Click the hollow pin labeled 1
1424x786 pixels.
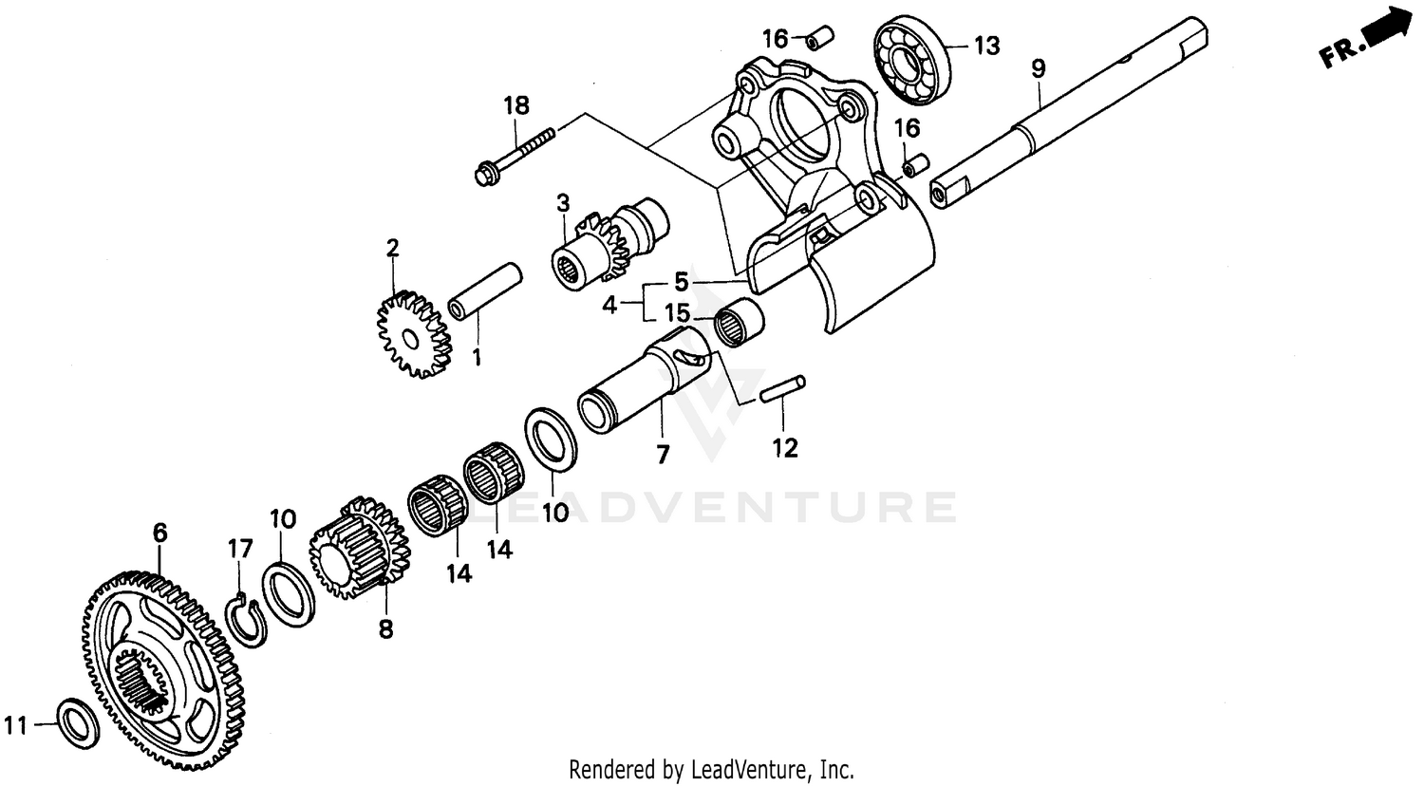(x=485, y=292)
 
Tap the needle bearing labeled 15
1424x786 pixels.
(x=740, y=321)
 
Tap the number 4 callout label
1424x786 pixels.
(x=609, y=305)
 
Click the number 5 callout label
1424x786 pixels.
(x=681, y=282)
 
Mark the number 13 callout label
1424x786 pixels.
(x=986, y=45)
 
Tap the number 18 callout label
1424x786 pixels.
(x=517, y=105)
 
